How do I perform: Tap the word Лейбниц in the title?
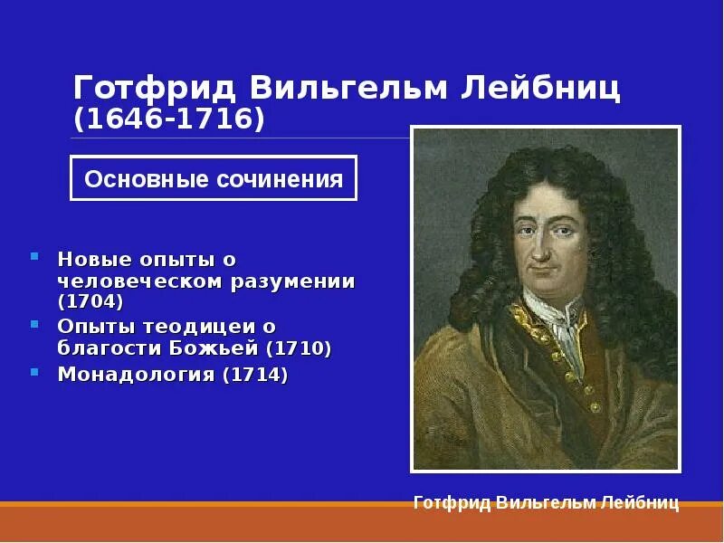click(x=543, y=88)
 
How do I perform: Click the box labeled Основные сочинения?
click(x=214, y=178)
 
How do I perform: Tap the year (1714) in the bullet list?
click(x=256, y=374)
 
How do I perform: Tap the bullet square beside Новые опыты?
click(x=34, y=257)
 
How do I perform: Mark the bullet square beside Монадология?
click(x=34, y=371)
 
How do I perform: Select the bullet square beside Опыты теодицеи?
click(x=34, y=323)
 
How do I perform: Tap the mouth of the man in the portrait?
click(x=543, y=269)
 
